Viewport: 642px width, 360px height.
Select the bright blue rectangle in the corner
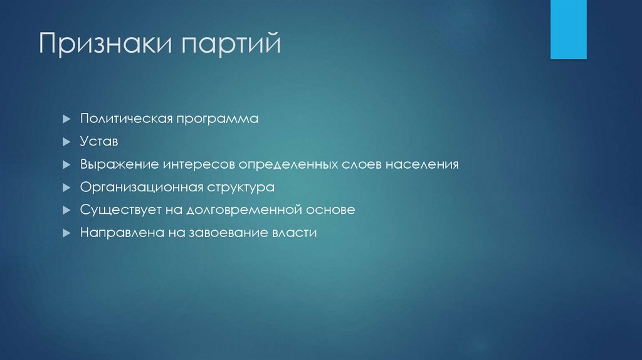click(x=568, y=29)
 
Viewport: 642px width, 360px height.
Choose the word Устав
click(x=99, y=142)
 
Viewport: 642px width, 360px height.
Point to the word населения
click(x=422, y=164)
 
